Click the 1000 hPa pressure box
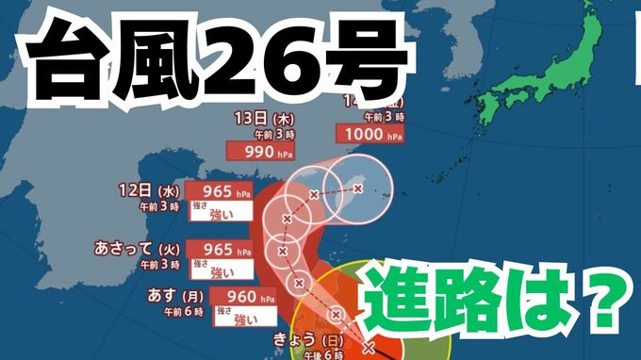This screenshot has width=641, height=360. click(372, 135)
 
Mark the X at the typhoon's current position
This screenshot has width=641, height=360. click(368, 348)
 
